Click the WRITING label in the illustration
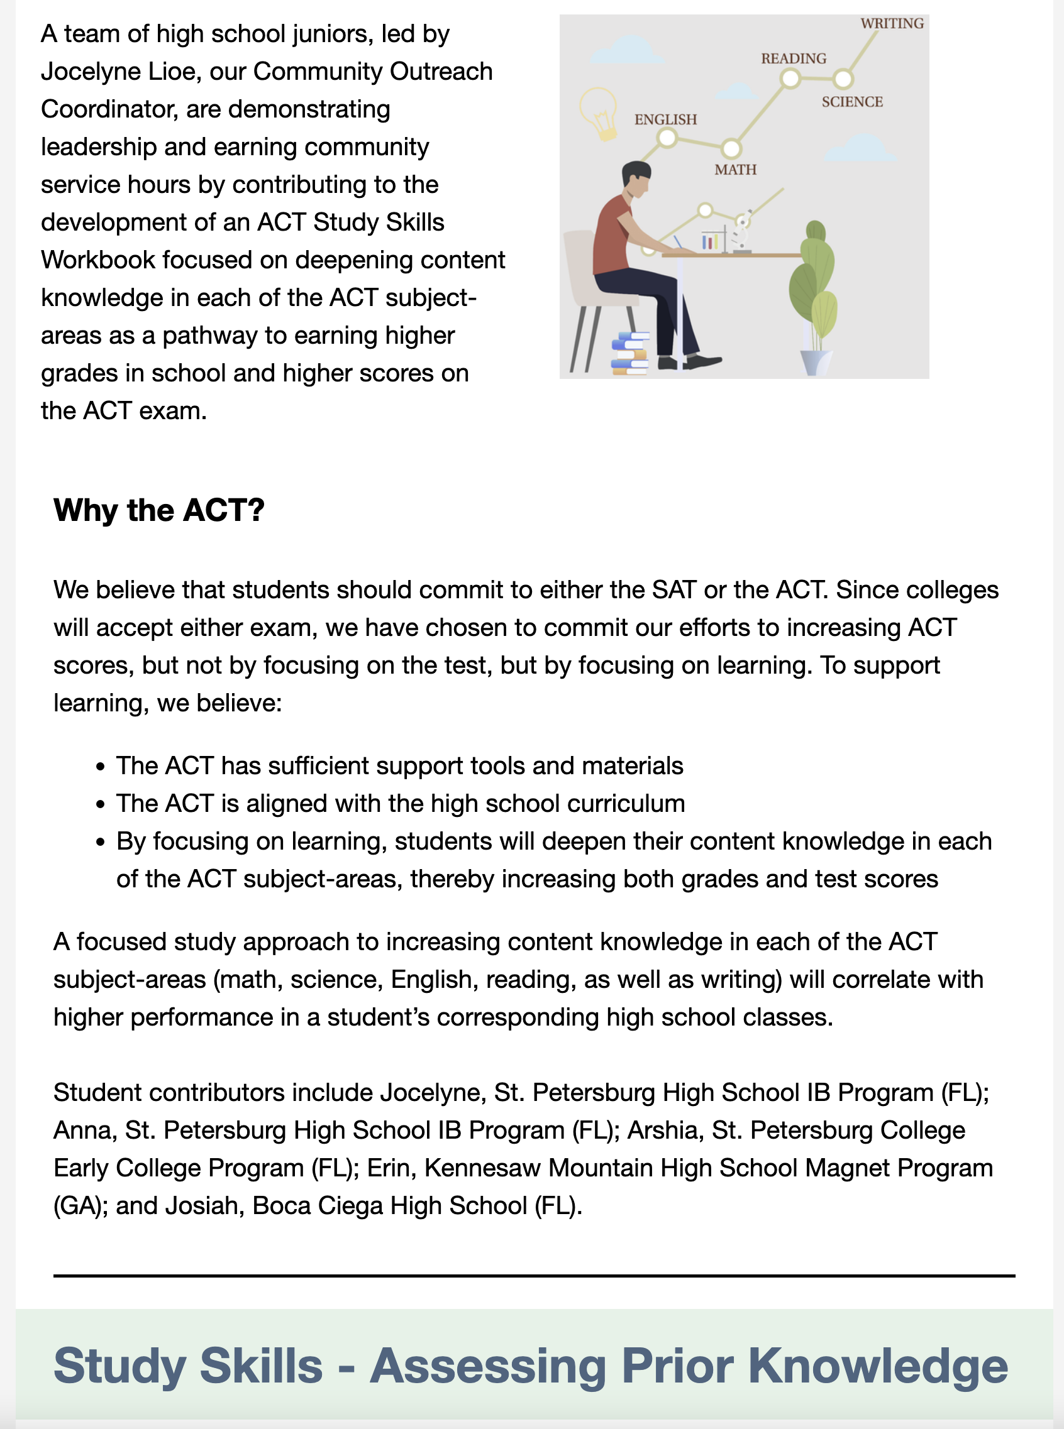click(x=892, y=24)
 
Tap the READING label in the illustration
click(x=794, y=58)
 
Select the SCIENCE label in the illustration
click(x=851, y=102)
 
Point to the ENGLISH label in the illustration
click(x=665, y=120)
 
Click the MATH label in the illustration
click(x=735, y=170)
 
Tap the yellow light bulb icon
click(x=599, y=113)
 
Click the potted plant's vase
click(x=816, y=362)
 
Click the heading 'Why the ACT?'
click(x=159, y=510)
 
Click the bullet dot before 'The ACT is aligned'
click(x=100, y=804)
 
